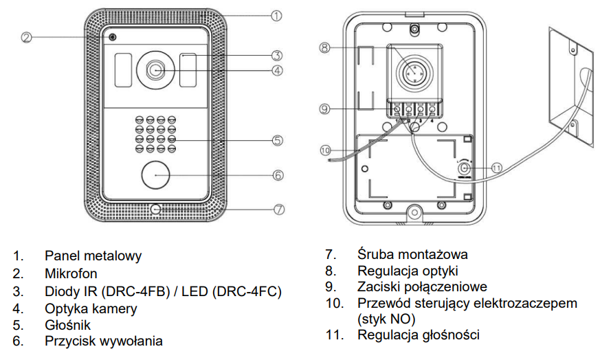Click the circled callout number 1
pyautogui.click(x=276, y=16)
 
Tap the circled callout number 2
pyautogui.click(x=26, y=38)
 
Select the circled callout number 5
pyautogui.click(x=278, y=140)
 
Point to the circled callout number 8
pyautogui.click(x=324, y=48)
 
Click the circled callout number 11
pyautogui.click(x=496, y=168)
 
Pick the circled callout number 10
pyautogui.click(x=325, y=150)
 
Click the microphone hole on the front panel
pyautogui.click(x=113, y=37)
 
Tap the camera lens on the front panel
pyautogui.click(x=155, y=70)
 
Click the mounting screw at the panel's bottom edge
pyautogui.click(x=155, y=210)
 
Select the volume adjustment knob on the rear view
pyautogui.click(x=464, y=169)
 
